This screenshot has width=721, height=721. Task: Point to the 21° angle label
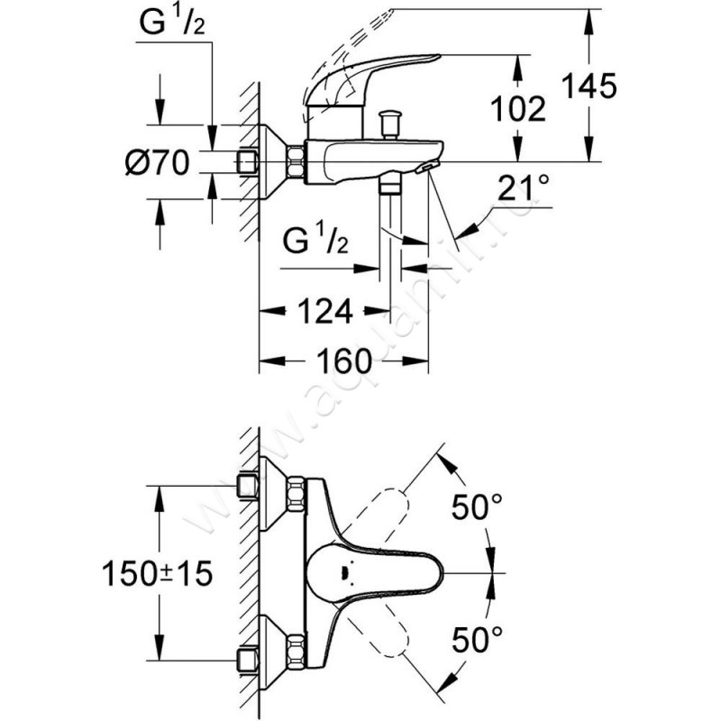[x=524, y=190]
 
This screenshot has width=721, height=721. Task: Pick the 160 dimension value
[x=344, y=361]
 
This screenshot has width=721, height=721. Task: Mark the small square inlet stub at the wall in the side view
[x=246, y=163]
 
